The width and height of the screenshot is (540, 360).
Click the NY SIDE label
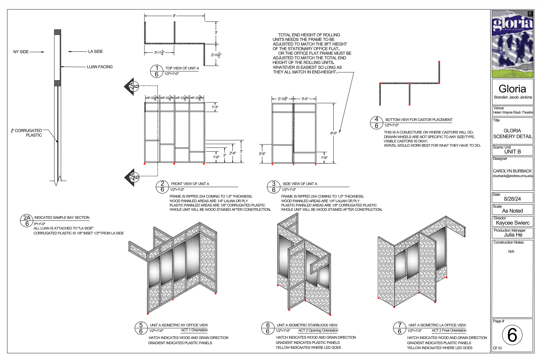pos(21,52)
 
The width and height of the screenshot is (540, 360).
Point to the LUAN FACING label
pos(100,67)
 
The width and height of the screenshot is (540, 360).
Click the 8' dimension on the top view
pos(174,16)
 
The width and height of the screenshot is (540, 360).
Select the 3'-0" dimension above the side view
pos(305,99)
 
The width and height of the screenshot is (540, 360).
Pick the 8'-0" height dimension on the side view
pos(334,133)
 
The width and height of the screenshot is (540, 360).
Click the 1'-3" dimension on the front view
pos(215,107)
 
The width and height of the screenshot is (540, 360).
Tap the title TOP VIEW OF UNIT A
pos(182,68)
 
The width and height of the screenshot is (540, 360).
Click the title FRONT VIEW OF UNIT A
pos(190,184)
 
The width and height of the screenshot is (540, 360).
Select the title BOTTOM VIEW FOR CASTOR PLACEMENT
pos(419,120)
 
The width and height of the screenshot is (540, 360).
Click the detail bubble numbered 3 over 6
pos(274,187)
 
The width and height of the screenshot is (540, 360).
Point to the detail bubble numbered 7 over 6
pos(399,328)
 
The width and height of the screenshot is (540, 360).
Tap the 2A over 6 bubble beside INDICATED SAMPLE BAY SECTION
pos(27,220)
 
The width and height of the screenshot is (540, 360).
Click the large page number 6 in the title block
pos(512,335)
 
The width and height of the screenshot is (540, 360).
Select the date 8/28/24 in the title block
pos(512,199)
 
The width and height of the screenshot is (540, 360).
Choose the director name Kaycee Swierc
pos(513,223)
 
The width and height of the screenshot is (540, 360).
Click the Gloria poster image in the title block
pos(512,44)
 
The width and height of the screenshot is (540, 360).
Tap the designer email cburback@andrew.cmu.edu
pos(513,176)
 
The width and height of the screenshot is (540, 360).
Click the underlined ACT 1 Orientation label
pos(194,330)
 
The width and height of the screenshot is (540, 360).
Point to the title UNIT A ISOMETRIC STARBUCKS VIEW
pos(307,325)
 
